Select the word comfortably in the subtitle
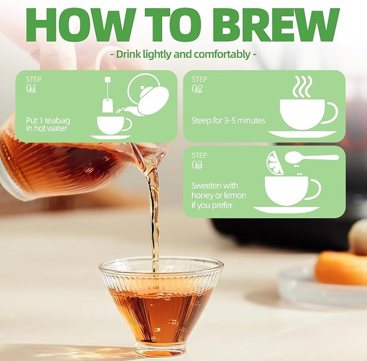pyautogui.click(x=222, y=55)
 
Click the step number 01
pyautogui.click(x=31, y=89)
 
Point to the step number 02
pyautogui.click(x=197, y=89)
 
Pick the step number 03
pyautogui.click(x=197, y=165)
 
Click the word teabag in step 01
pyautogui.click(x=57, y=121)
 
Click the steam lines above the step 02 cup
pyautogui.click(x=303, y=86)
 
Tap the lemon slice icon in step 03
pyautogui.click(x=275, y=163)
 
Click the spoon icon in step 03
pyautogui.click(x=311, y=158)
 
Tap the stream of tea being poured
pyautogui.click(x=155, y=211)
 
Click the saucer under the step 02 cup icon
pyautogui.click(x=302, y=134)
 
